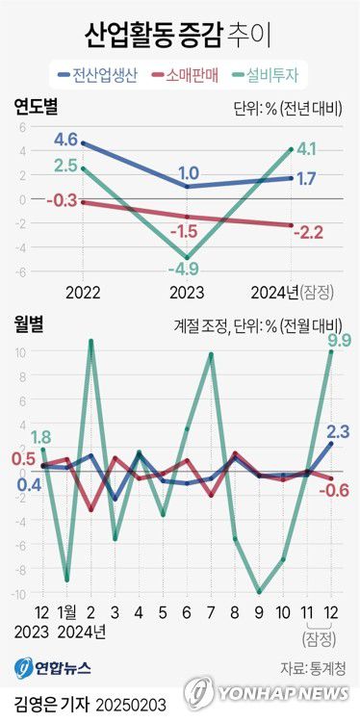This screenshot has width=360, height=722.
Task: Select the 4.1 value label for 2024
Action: coord(306,149)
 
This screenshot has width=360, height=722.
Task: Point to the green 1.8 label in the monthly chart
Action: coord(41,437)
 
